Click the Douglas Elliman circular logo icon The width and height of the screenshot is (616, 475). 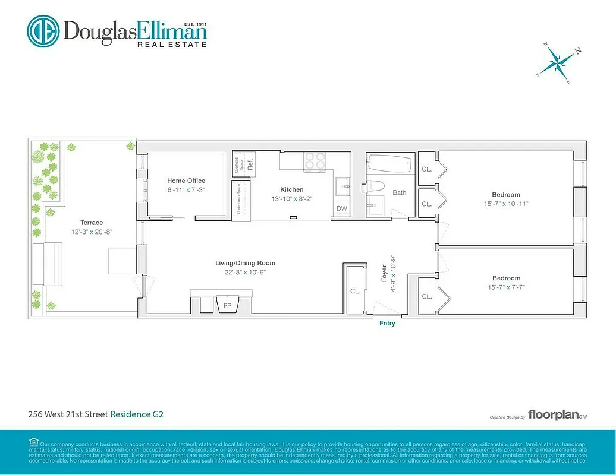(43, 31)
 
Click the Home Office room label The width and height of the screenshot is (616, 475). (186, 180)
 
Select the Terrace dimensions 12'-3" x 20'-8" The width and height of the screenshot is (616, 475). (92, 232)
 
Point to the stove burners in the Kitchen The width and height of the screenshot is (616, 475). (315, 161)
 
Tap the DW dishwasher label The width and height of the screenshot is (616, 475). (341, 208)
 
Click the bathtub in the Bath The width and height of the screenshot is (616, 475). (389, 163)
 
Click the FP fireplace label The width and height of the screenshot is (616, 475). (227, 306)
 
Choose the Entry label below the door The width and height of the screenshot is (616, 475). (387, 323)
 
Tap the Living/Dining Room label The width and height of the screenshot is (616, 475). (245, 263)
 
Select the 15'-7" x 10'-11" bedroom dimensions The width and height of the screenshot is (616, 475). (506, 204)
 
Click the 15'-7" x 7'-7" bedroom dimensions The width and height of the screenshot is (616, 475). (506, 287)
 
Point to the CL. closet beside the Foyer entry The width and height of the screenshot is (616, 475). (355, 292)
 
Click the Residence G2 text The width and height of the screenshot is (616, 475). (137, 414)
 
